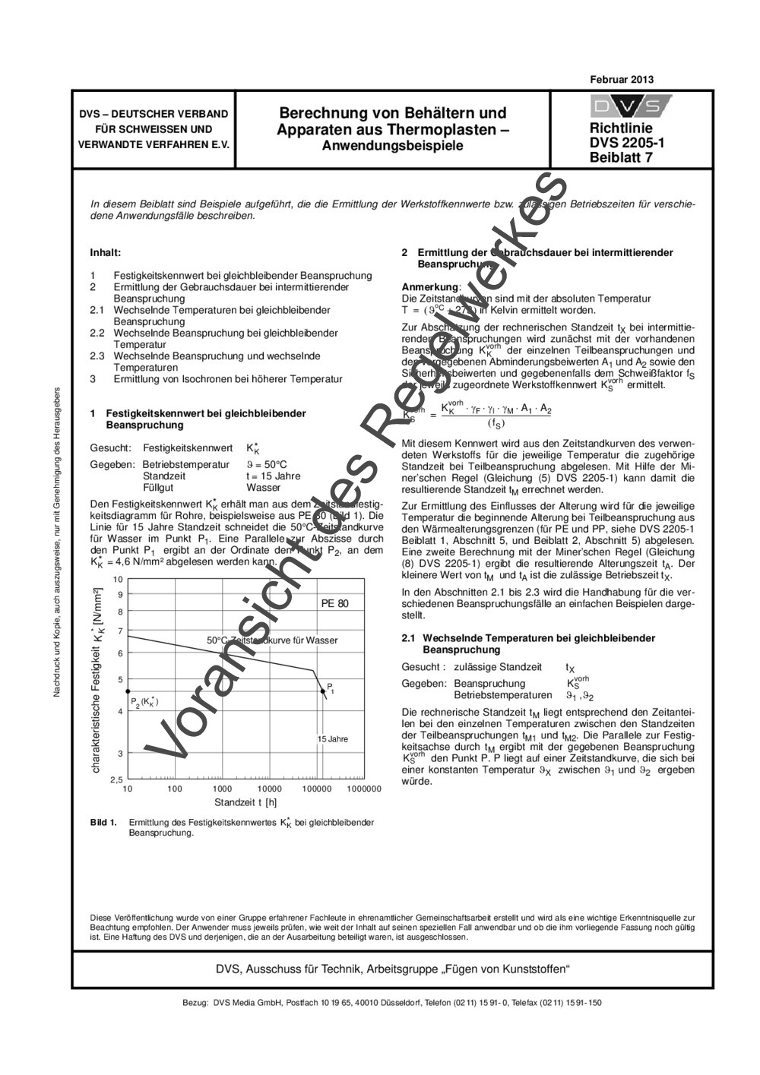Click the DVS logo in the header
pos(630,106)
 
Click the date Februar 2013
pos(621,80)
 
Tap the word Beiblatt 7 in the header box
pos(621,157)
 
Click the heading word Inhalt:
pos(106,252)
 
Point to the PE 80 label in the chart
pos(334,603)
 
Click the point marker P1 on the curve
pos(323,691)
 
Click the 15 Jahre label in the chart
pos(332,738)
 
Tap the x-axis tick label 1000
pos(222,789)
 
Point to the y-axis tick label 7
pos(119,631)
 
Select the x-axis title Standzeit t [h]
pos(245,802)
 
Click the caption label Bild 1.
pos(103,822)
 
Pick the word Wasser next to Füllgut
pos(263,488)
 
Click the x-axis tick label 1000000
pos(364,789)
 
